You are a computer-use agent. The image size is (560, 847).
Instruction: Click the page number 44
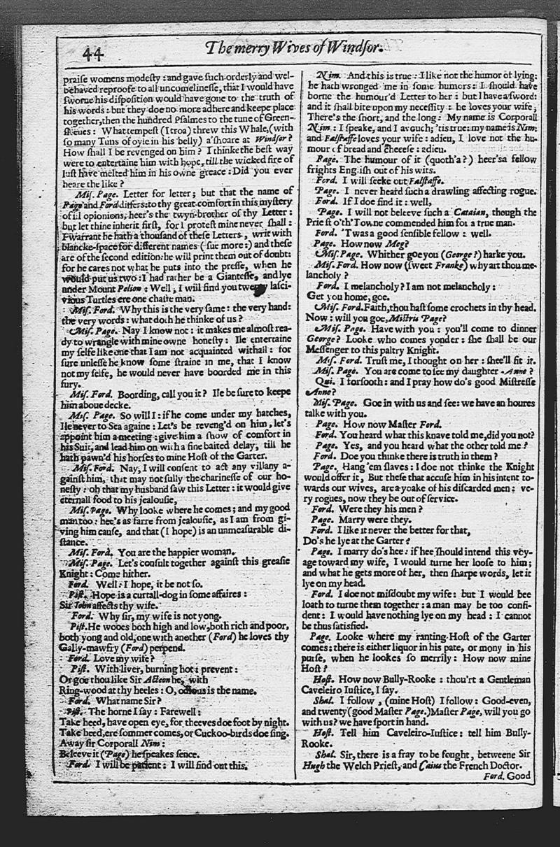(92, 53)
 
